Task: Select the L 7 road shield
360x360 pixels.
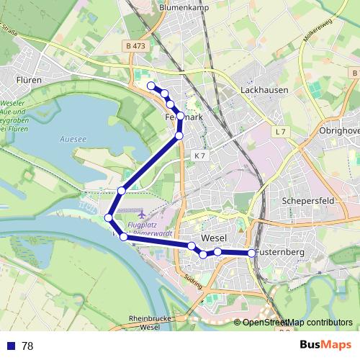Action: (x=280, y=132)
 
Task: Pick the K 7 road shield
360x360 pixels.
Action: (x=199, y=156)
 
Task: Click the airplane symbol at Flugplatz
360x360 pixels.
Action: (x=140, y=215)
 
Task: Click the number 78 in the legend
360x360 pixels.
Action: (x=27, y=346)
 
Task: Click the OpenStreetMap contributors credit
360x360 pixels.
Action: (x=297, y=323)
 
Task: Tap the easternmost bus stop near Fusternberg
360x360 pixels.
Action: (x=252, y=253)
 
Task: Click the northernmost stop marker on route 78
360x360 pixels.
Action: (x=151, y=86)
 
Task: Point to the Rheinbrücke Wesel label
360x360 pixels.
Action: (x=144, y=322)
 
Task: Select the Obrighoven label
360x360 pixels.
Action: (x=338, y=130)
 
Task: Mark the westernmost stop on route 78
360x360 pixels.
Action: (x=109, y=217)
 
